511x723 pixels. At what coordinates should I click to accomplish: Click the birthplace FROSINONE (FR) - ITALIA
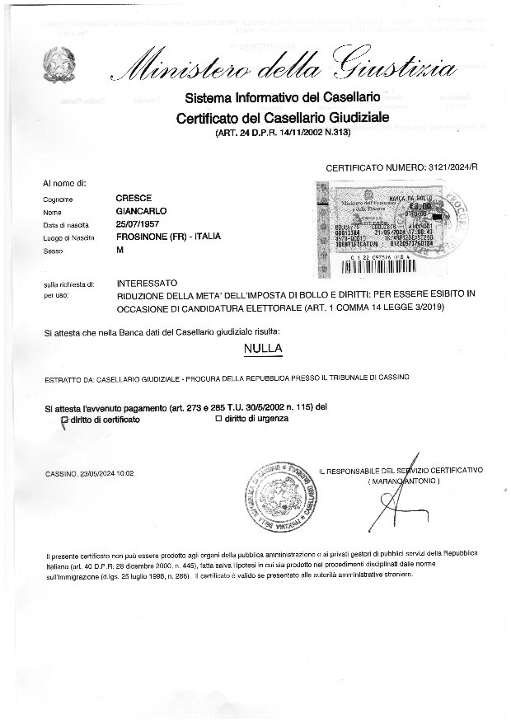point(169,237)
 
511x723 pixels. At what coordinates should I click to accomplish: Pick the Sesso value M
point(121,250)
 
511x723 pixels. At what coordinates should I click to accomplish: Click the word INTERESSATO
point(148,283)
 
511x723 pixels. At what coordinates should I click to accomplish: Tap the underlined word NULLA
point(264,349)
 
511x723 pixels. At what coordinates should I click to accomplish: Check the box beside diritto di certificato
point(65,420)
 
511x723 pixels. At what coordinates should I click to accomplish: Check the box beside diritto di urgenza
point(218,420)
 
